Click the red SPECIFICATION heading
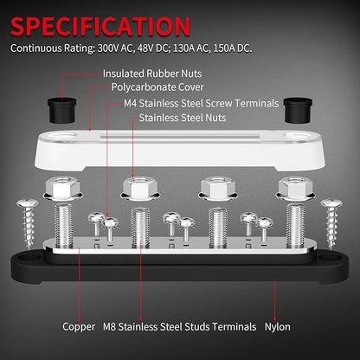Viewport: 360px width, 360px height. tap(100, 26)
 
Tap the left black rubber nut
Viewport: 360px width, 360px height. tap(61, 110)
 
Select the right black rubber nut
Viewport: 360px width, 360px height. tap(298, 110)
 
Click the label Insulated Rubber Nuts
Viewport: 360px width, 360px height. tap(152, 74)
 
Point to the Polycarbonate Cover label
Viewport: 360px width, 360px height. tap(157, 87)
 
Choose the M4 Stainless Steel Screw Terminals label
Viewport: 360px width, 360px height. tap(202, 103)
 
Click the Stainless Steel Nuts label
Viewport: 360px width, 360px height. tap(183, 118)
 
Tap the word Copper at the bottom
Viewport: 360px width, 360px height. tap(79, 327)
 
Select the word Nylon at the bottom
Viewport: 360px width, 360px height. tap(278, 327)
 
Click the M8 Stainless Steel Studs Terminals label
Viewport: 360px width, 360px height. tap(179, 327)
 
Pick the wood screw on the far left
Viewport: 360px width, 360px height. tap(28, 223)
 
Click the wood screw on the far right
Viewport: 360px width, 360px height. tap(331, 223)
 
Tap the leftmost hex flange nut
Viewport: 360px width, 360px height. tap(62, 189)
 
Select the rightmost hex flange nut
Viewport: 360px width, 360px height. tap(295, 189)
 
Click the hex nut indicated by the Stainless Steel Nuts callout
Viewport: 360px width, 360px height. tap(140, 189)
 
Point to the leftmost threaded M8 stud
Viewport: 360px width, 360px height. tap(63, 226)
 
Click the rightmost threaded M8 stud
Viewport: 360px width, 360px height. tap(295, 226)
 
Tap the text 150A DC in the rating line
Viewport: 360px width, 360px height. tap(232, 48)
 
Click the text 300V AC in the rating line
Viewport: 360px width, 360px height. tap(115, 48)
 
